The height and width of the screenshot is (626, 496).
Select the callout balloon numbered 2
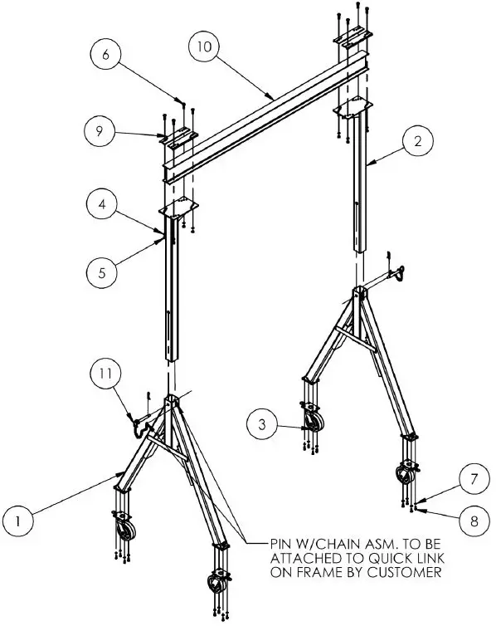pyautogui.click(x=416, y=141)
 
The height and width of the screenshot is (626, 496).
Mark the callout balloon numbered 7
pyautogui.click(x=473, y=479)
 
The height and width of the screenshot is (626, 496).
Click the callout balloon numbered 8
pyautogui.click(x=473, y=521)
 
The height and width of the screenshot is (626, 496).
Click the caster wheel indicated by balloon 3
pyautogui.click(x=313, y=424)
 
